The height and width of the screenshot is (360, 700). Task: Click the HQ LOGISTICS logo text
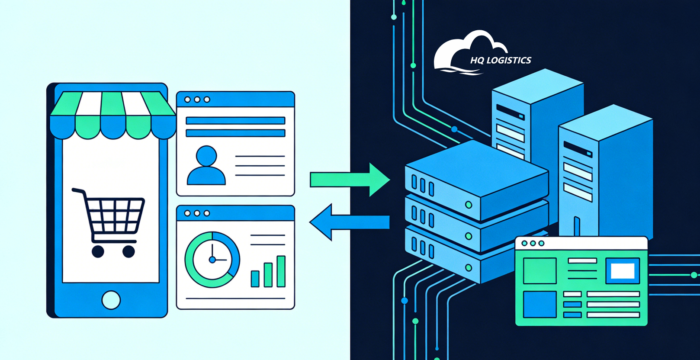[501, 61]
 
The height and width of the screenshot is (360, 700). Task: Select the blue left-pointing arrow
[350, 222]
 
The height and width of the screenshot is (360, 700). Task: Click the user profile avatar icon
[206, 166]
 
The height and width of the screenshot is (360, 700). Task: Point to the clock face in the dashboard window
[212, 259]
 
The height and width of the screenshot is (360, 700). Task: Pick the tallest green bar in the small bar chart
[281, 271]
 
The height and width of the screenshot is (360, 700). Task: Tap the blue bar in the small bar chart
[255, 279]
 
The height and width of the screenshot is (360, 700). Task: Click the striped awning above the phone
[113, 115]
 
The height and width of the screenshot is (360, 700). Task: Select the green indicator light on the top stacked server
[468, 205]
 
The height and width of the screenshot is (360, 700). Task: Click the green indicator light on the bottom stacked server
[468, 268]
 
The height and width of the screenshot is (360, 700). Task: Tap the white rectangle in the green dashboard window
[623, 271]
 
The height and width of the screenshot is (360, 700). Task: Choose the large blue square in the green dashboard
[539, 304]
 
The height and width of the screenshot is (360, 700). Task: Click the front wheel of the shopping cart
[128, 251]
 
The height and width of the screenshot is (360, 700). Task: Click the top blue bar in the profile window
[235, 121]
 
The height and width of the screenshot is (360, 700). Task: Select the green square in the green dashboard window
[539, 271]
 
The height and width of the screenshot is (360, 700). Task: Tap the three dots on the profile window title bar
[197, 100]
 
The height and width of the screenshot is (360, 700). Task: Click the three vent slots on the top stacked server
[422, 185]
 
